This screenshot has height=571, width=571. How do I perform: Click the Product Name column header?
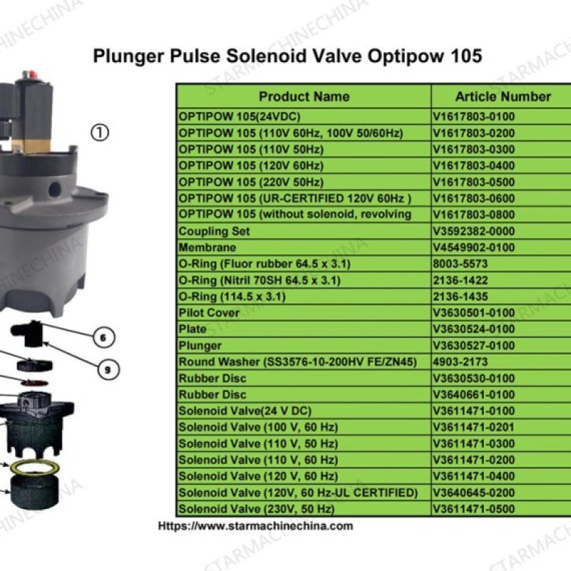[304, 96]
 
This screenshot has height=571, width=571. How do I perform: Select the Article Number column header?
[503, 96]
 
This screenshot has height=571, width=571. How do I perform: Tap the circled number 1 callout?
[100, 133]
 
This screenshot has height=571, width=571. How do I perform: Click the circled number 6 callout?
[103, 338]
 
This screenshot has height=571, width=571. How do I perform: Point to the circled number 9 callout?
[108, 370]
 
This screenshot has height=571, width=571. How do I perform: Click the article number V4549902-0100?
[474, 248]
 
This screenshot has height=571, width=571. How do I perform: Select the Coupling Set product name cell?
[214, 231]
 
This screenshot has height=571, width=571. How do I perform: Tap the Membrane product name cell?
[207, 248]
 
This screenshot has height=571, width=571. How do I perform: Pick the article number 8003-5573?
[460, 263]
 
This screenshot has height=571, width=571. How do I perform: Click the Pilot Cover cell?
[208, 313]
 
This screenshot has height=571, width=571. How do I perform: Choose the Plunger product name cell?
[200, 345]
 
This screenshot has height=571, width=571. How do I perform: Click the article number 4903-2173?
[460, 362]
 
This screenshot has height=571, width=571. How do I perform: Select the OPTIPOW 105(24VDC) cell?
[239, 116]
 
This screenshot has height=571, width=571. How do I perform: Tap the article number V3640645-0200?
[474, 492]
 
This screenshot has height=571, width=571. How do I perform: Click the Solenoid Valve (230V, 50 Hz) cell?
[256, 509]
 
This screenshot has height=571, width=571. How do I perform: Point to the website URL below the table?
[256, 526]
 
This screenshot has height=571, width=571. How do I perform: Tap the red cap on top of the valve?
[32, 74]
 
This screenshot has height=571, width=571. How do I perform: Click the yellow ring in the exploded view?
[35, 468]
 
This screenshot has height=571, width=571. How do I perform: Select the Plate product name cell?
[192, 329]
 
